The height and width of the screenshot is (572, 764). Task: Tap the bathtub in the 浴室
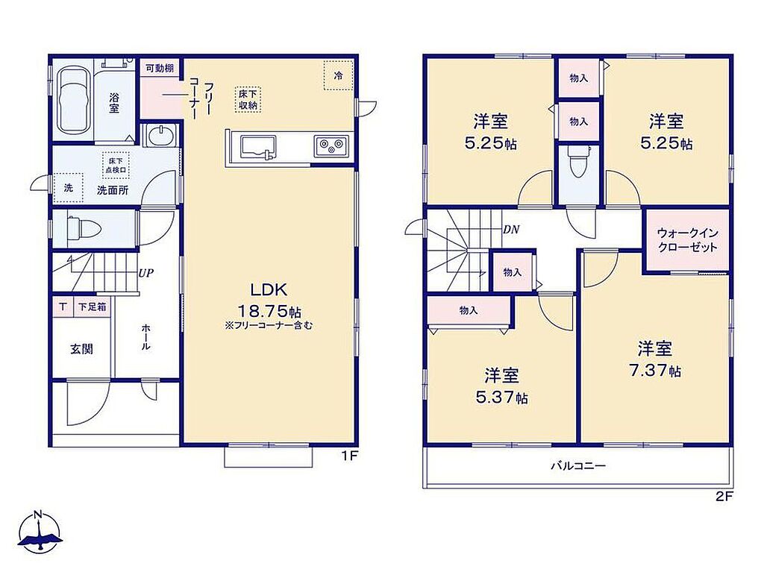coord(74,100)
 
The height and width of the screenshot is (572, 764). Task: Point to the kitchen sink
coord(257,147)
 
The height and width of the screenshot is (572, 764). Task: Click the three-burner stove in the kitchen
coord(331,145)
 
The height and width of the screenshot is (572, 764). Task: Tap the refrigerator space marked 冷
coord(338,75)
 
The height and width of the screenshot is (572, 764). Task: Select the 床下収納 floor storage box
coord(248,99)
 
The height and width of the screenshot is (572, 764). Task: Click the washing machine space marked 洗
coord(69,187)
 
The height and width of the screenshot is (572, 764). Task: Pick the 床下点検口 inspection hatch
coord(116,165)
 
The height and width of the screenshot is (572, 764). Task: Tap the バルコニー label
coord(578,466)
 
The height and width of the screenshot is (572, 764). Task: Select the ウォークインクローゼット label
coord(687,239)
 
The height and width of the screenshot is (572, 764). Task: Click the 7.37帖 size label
coord(654,371)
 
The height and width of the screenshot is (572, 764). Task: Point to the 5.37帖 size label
coord(501,397)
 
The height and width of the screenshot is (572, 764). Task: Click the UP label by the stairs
coord(145,274)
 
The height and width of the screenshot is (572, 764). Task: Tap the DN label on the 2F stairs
coord(511,229)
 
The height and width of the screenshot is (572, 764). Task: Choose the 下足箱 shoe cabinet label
coord(93,307)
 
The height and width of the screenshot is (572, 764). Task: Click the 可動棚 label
coord(160,68)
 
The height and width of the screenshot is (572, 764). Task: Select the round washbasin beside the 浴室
coord(160,134)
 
